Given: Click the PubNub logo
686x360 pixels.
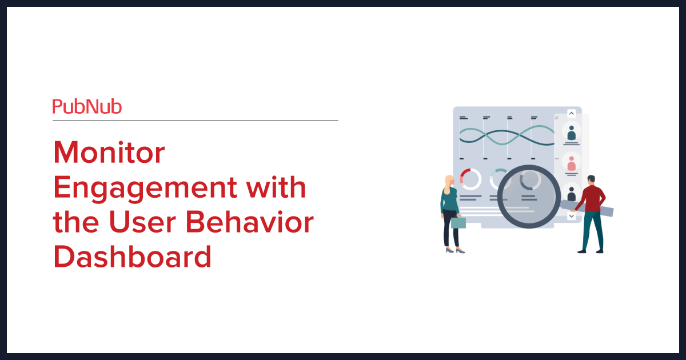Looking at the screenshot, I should tap(87, 107).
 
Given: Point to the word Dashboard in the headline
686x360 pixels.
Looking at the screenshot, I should tap(132, 257).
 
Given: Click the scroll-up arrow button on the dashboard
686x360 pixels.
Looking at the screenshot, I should tap(571, 113).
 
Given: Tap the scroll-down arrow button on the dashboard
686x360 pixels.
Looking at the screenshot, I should tap(571, 217).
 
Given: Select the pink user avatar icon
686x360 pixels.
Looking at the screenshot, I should tap(571, 163).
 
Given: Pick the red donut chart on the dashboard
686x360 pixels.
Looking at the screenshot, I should tap(470, 179).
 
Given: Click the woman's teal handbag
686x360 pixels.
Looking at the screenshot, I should tap(458, 222).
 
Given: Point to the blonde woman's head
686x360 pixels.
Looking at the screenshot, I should tap(449, 181).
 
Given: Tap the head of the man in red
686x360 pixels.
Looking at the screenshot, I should tap(591, 181).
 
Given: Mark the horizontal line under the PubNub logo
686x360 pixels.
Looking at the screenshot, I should tap(195, 121).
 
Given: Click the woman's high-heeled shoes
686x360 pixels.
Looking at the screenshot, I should tap(455, 250).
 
